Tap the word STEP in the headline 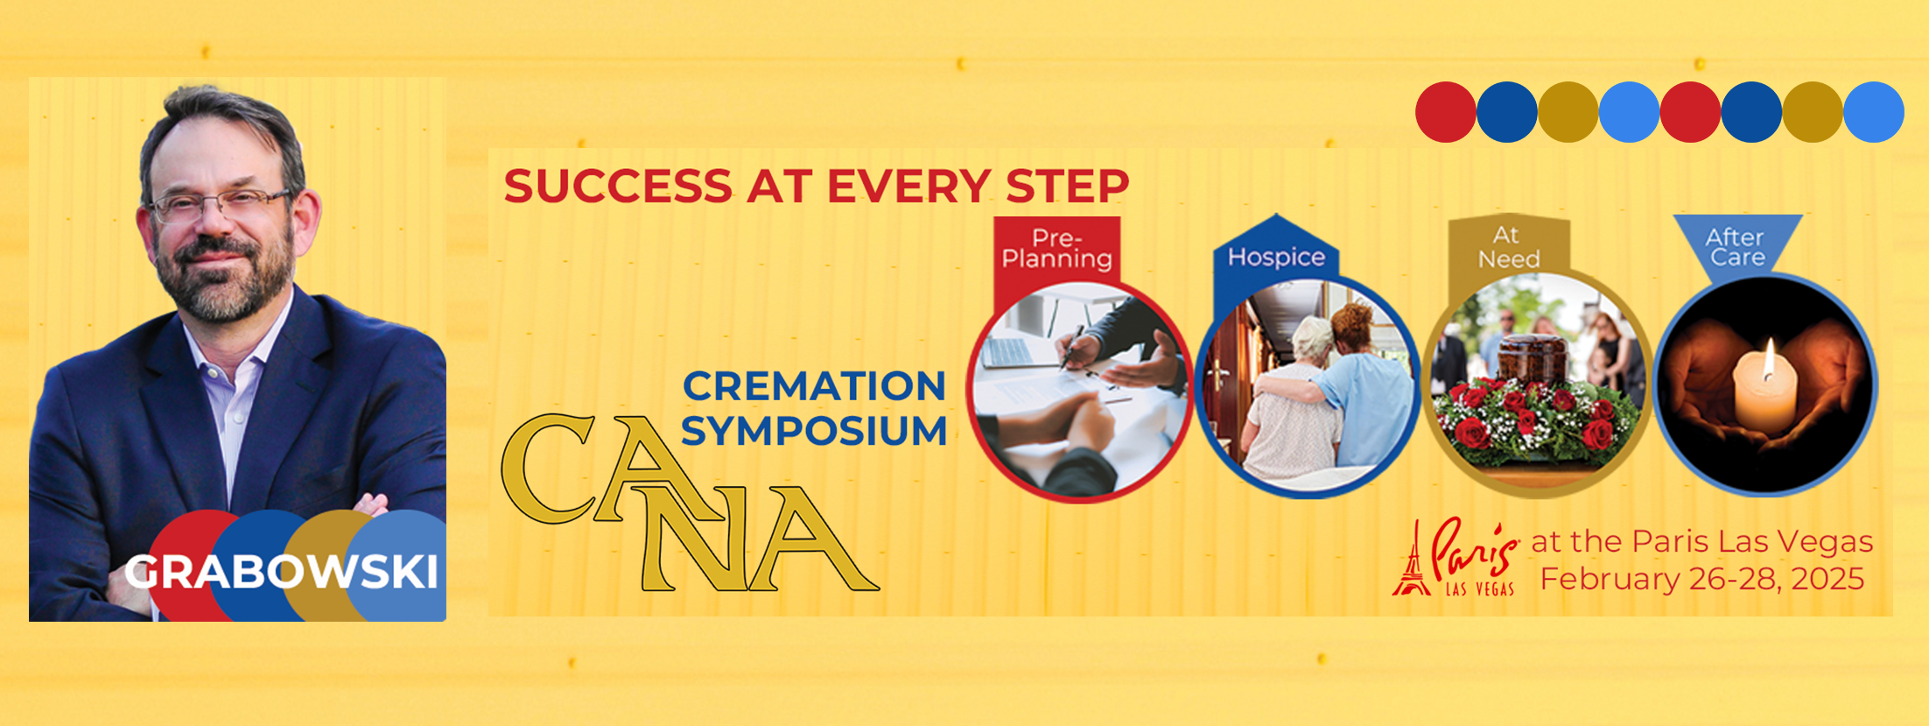(1067, 187)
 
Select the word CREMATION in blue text (814, 386)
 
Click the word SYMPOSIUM (814, 432)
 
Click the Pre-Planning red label (1056, 249)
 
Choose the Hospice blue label (1276, 257)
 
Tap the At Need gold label (1508, 248)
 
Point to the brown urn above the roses (1532, 357)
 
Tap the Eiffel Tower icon (1411, 560)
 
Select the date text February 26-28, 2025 (1702, 579)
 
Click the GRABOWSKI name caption (281, 573)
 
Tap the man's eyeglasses (218, 206)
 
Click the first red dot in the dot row (1445, 112)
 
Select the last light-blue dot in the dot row (1873, 112)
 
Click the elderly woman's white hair (1312, 338)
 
